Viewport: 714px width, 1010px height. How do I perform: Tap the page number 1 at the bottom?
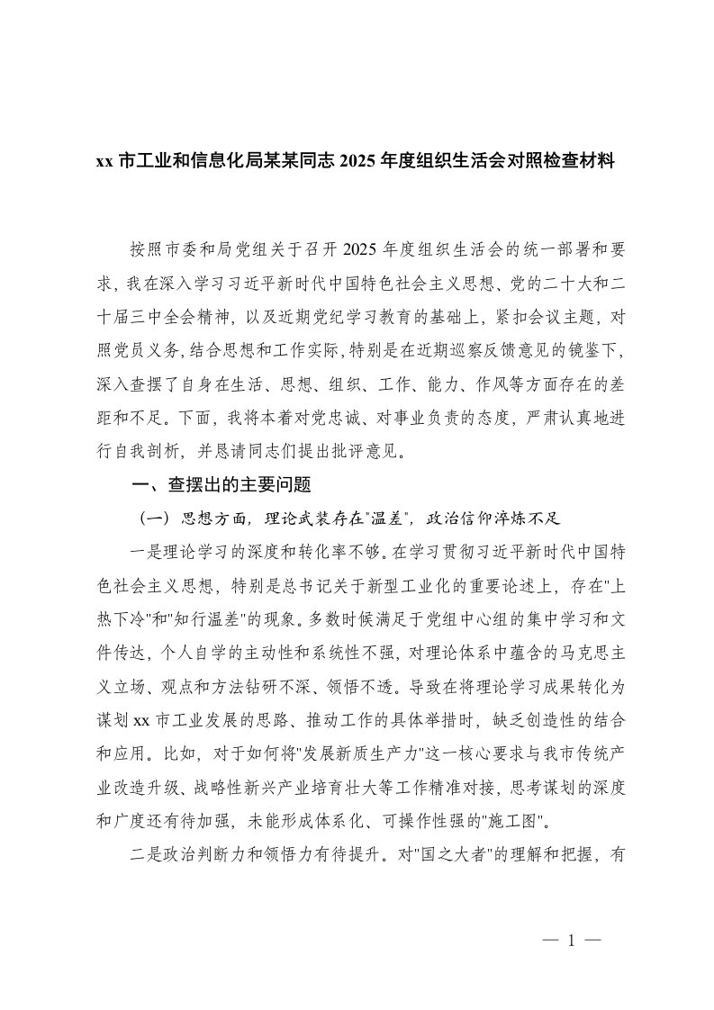pyautogui.click(x=571, y=940)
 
